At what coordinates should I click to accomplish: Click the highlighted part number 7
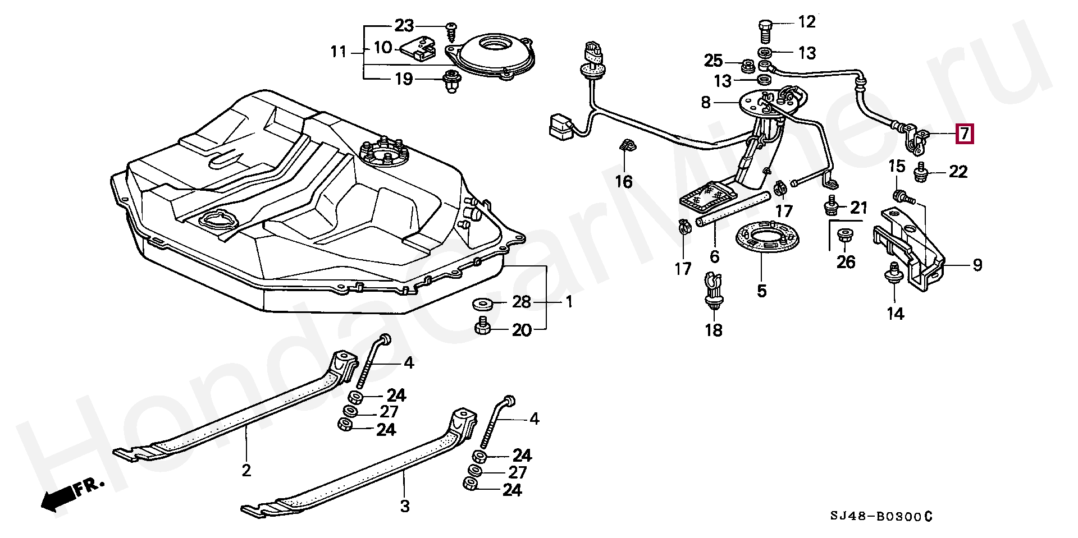point(965,134)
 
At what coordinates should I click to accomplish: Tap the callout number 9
point(977,265)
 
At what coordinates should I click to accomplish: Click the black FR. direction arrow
point(58,498)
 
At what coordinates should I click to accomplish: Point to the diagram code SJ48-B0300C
point(881,516)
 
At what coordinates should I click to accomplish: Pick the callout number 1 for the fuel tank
point(569,302)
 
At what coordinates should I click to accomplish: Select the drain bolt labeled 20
point(482,326)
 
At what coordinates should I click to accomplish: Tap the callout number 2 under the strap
point(246,470)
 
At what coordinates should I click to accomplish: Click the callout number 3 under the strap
point(405,506)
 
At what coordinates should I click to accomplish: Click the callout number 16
point(624,181)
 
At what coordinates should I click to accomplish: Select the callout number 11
point(339,52)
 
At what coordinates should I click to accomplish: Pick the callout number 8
point(706,102)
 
